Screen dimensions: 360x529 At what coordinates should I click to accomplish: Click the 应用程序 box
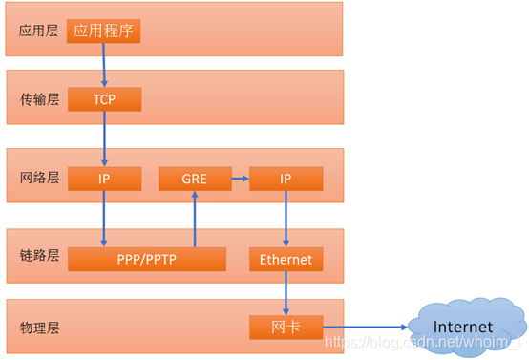pyautogui.click(x=104, y=31)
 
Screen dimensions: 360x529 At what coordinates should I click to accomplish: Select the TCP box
pyautogui.click(x=104, y=99)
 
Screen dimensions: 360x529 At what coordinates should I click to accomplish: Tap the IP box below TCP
pyautogui.click(x=104, y=179)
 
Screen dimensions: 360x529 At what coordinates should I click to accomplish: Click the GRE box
pyautogui.click(x=195, y=179)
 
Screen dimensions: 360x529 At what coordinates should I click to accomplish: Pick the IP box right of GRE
pyautogui.click(x=286, y=179)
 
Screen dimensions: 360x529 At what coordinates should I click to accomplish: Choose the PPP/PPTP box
pyautogui.click(x=146, y=259)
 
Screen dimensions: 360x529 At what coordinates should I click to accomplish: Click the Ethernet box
pyautogui.click(x=286, y=259)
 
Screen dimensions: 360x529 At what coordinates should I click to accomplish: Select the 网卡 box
pyautogui.click(x=286, y=328)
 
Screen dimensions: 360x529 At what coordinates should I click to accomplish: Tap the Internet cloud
pyautogui.click(x=464, y=327)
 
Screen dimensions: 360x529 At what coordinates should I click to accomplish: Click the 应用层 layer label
pyautogui.click(x=39, y=31)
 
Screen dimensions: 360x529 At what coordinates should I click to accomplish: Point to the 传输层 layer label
pyautogui.click(x=39, y=99)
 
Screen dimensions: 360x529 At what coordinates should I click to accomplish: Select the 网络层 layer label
pyautogui.click(x=39, y=179)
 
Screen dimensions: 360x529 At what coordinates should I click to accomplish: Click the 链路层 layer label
pyautogui.click(x=39, y=256)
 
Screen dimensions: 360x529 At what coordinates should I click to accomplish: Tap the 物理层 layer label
pyautogui.click(x=39, y=328)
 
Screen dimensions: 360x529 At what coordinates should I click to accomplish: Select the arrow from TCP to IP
pyautogui.click(x=104, y=139)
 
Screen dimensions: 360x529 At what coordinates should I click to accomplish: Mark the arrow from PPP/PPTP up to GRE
pyautogui.click(x=195, y=219)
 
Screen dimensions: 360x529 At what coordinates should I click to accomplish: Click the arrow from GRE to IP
pyautogui.click(x=241, y=179)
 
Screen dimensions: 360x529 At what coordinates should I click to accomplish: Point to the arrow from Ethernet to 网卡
pyautogui.click(x=286, y=293)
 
